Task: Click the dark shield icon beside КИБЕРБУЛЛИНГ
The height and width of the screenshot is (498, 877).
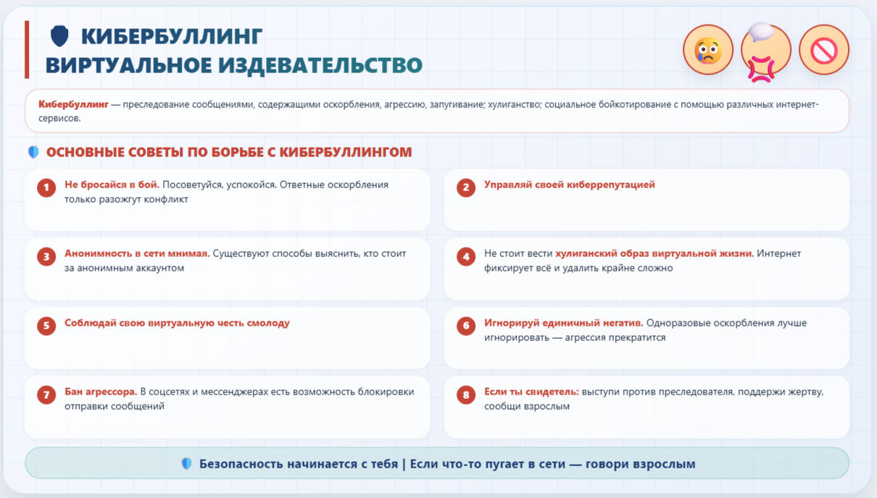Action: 59,36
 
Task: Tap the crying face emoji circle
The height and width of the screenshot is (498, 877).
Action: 708,50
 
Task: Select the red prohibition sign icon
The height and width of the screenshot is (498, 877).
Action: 824,50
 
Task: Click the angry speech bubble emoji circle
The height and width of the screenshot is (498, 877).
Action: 766,50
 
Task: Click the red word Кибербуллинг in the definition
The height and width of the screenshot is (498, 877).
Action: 73,104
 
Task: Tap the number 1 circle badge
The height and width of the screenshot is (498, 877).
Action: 46,187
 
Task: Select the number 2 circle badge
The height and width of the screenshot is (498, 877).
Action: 466,187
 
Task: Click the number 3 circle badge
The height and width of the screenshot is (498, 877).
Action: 46,257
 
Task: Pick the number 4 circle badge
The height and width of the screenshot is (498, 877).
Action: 466,257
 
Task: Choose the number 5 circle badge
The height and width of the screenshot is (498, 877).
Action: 46,326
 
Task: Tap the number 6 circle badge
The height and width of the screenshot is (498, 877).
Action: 466,326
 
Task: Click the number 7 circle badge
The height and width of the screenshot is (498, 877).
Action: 46,394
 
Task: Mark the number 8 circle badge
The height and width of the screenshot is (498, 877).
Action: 466,394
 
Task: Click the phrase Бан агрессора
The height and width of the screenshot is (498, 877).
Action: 101,392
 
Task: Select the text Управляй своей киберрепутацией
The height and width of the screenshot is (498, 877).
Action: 569,185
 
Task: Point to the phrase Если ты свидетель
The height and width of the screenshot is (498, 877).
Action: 531,392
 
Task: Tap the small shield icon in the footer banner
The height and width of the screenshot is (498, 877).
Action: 187,463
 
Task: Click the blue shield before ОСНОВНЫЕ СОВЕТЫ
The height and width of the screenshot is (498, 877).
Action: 33,152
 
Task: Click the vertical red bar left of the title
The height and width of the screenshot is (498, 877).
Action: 27,50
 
